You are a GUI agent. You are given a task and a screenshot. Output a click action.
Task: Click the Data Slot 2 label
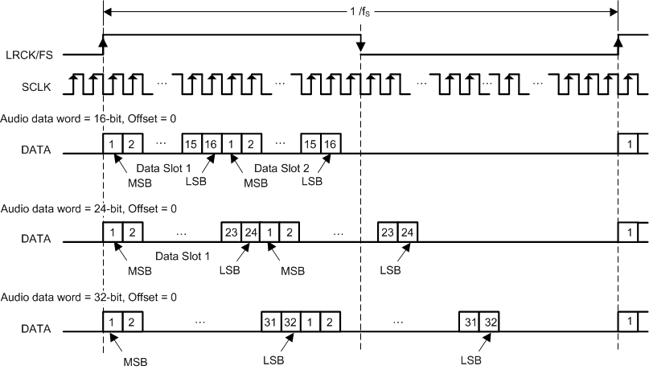(x=279, y=169)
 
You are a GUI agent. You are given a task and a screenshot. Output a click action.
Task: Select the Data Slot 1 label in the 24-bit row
(x=182, y=256)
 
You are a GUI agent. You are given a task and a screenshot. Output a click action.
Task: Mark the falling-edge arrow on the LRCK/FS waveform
(x=360, y=46)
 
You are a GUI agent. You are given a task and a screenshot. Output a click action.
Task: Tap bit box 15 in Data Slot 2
(x=310, y=143)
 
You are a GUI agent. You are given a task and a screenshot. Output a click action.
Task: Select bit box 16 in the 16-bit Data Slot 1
(x=211, y=143)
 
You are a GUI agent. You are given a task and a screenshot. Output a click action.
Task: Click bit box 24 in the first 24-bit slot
(x=250, y=232)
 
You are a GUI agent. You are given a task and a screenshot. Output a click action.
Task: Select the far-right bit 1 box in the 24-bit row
(x=627, y=232)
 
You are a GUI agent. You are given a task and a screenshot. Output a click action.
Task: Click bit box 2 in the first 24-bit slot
(x=133, y=232)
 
